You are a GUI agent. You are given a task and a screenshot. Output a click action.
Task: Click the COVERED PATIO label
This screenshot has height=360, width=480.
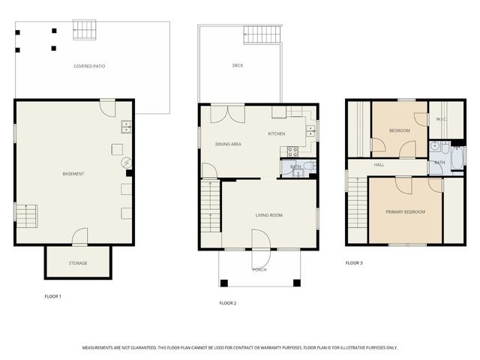point(89,67)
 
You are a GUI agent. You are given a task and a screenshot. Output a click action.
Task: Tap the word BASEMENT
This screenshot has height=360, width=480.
point(73,174)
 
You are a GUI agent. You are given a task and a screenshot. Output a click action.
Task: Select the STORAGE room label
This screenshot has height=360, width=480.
point(78,263)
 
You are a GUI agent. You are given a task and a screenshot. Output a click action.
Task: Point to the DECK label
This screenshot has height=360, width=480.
point(238,66)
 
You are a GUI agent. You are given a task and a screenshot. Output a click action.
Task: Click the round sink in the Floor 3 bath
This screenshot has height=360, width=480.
point(436,147)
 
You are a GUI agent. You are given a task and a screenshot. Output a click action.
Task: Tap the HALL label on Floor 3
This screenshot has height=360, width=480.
point(379,165)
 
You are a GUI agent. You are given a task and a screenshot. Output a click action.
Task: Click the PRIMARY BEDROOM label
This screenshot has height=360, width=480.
point(405,212)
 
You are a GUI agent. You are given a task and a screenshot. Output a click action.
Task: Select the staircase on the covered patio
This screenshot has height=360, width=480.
point(85,31)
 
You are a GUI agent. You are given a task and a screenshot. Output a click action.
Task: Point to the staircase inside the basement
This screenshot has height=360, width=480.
point(26,216)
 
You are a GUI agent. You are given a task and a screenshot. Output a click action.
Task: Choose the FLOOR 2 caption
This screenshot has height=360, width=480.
point(227,303)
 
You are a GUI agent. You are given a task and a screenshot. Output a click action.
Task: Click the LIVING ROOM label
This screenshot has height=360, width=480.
point(268,216)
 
